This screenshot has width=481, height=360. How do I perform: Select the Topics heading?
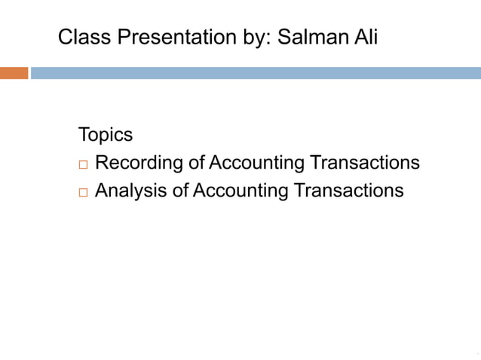[x=106, y=136]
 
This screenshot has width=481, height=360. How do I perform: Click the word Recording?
[x=140, y=163]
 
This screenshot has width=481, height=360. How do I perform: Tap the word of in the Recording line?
[x=197, y=163]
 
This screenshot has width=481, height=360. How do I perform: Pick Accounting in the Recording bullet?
[x=256, y=163]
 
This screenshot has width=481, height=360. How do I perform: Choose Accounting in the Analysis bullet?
[x=240, y=191]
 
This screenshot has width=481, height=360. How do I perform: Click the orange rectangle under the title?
[x=14, y=73]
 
